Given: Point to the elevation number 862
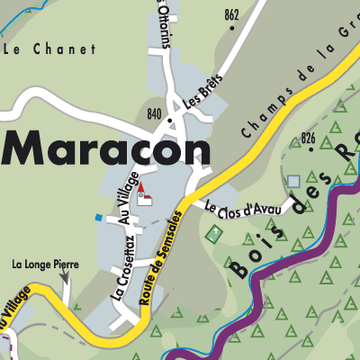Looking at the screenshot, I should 233,14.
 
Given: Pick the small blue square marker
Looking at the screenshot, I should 98,217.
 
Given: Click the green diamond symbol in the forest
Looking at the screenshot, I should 214,234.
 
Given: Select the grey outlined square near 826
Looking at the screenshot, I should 293,181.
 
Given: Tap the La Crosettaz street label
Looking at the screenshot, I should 122,268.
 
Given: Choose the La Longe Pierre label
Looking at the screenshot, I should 46,265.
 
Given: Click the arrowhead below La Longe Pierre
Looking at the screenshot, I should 65,281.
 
